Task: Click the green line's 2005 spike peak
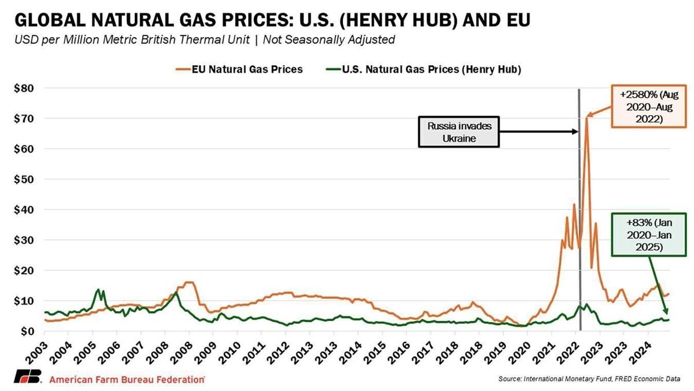click(98, 289)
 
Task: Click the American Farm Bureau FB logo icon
click(27, 375)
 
